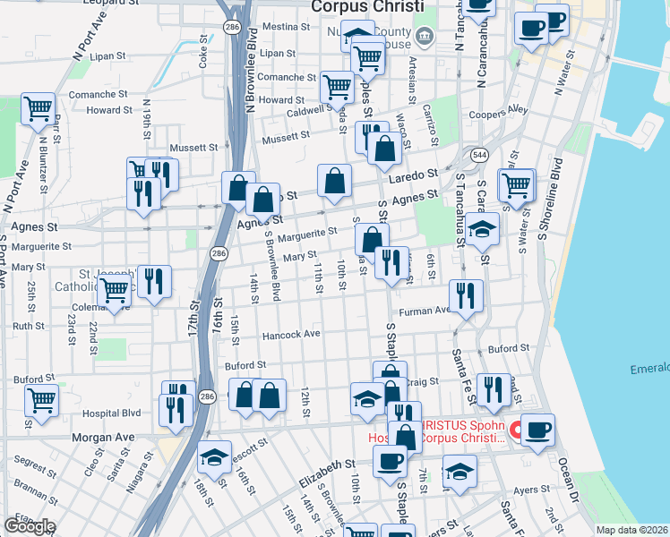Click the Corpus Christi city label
click(x=365, y=6)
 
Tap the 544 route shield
click(x=480, y=153)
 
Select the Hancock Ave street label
click(x=291, y=335)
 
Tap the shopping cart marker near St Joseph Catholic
click(x=115, y=292)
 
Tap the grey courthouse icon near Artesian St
click(x=425, y=37)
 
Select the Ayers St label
click(x=530, y=490)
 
